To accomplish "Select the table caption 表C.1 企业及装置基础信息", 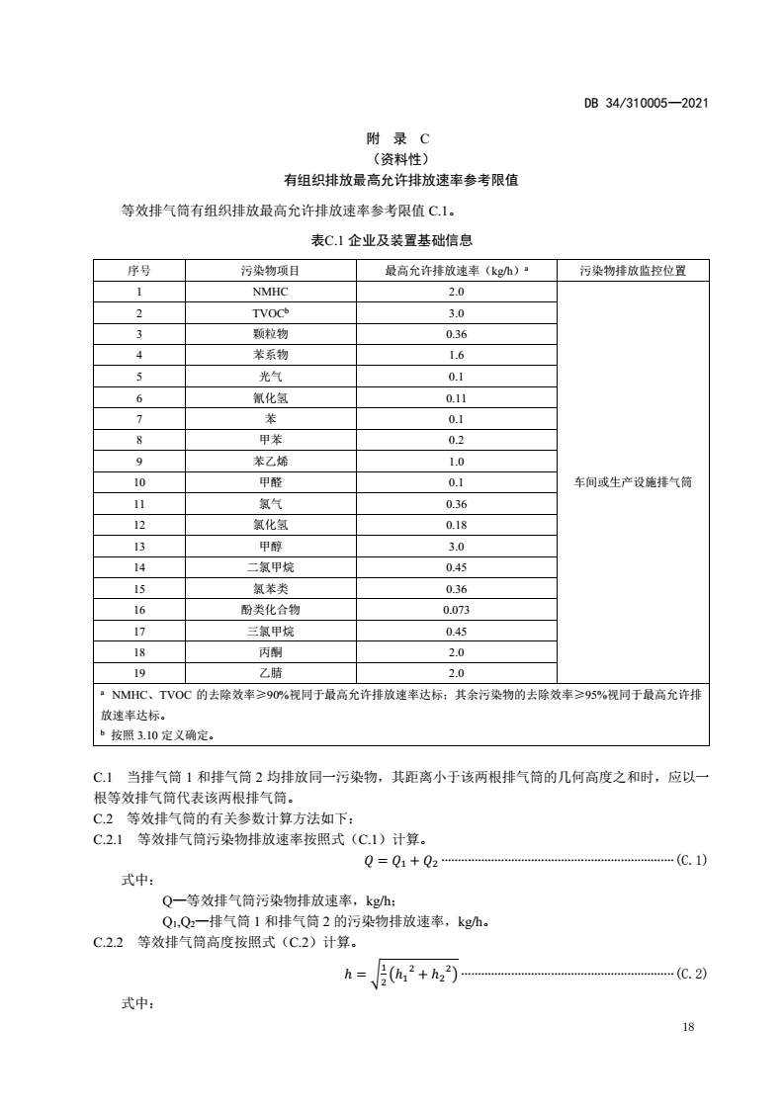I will [392, 239].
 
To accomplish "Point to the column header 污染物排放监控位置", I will [633, 270].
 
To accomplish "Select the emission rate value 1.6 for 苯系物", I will [456, 355].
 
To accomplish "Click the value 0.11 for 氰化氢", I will [456, 397].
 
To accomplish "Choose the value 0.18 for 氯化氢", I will [456, 525].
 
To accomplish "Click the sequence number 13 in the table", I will [139, 546].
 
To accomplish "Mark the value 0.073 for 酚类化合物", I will [456, 610].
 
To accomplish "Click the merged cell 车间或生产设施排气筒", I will [633, 482].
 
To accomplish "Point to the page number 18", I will [689, 1028].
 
